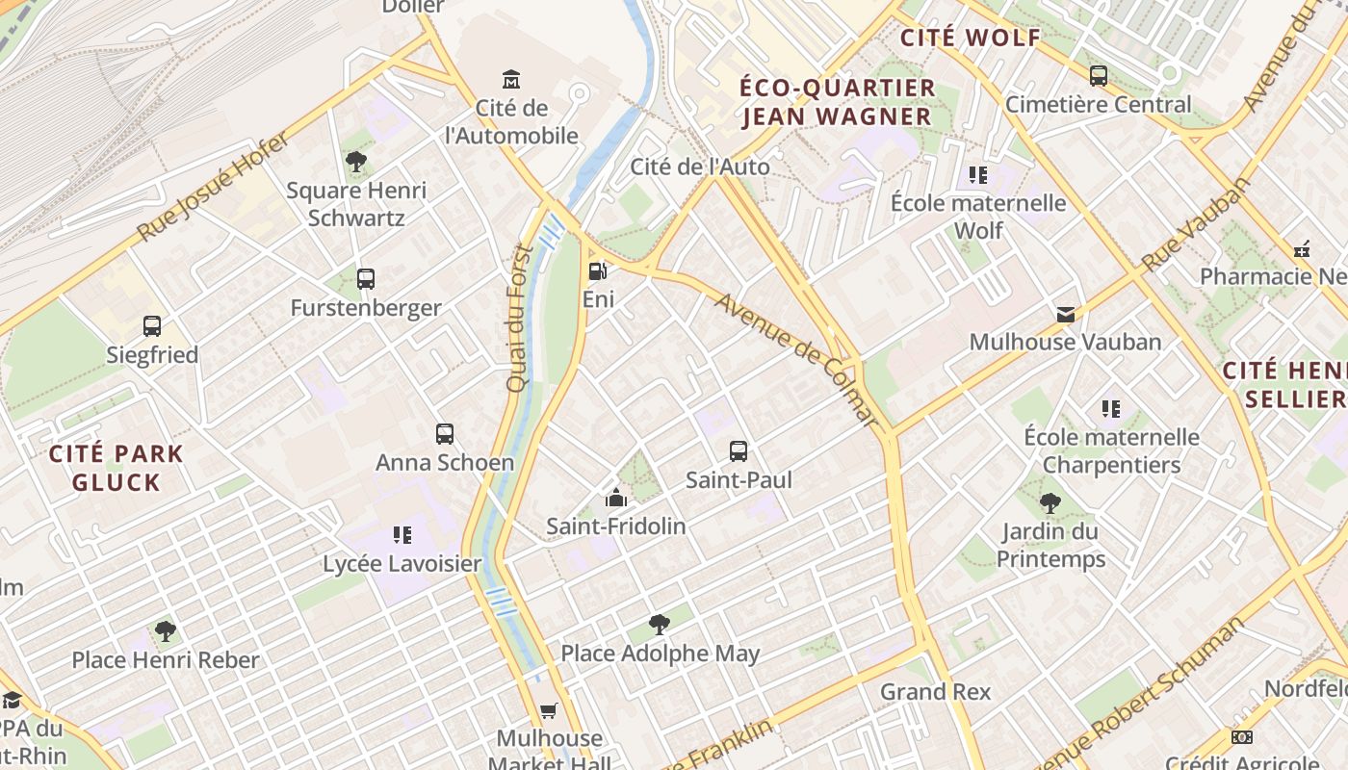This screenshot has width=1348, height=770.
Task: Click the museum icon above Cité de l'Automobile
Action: [511, 78]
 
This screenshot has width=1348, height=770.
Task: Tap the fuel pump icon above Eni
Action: [597, 271]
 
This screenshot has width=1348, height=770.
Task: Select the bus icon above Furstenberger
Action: [366, 279]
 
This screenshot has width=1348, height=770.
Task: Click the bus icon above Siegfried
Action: [152, 326]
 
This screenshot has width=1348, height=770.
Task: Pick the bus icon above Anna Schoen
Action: [444, 434]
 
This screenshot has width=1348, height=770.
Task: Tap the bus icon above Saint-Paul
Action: [739, 450]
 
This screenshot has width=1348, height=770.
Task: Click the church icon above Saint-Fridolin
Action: [615, 498]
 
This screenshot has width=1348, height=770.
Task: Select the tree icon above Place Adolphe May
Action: [660, 625]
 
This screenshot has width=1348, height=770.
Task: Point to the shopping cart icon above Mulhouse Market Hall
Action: [549, 710]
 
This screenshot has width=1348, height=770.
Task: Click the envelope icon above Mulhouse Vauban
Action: [1066, 314]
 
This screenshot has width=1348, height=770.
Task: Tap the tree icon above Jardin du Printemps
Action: [1050, 502]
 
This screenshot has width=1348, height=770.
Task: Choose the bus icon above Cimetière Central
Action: [1099, 76]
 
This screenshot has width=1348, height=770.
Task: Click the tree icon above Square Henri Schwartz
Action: [356, 162]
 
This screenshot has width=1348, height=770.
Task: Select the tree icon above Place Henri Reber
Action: [166, 631]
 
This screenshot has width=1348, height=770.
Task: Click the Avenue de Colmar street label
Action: [797, 360]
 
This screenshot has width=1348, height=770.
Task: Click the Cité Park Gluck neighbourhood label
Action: [116, 468]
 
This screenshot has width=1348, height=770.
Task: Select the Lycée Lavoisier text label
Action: [402, 564]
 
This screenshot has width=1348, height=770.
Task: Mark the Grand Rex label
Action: [935, 691]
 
